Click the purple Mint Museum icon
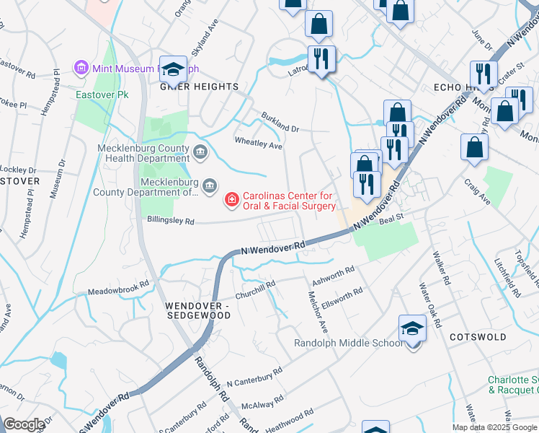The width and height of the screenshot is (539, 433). pyautogui.click(x=81, y=69)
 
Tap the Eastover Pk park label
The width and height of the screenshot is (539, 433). pyautogui.click(x=97, y=95)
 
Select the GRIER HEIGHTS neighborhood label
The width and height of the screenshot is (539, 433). pyautogui.click(x=199, y=87)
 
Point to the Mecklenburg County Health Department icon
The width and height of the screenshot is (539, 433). pyautogui.click(x=200, y=151)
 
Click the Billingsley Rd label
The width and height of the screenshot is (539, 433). pyautogui.click(x=170, y=222)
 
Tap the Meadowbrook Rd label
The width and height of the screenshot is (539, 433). pyautogui.click(x=118, y=285)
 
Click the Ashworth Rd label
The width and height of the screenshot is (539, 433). pyautogui.click(x=333, y=276)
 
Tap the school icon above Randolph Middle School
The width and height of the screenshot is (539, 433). pyautogui.click(x=412, y=328)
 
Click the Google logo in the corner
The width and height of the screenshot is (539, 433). pyautogui.click(x=24, y=424)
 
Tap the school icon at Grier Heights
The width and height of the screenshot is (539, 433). pyautogui.click(x=173, y=69)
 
